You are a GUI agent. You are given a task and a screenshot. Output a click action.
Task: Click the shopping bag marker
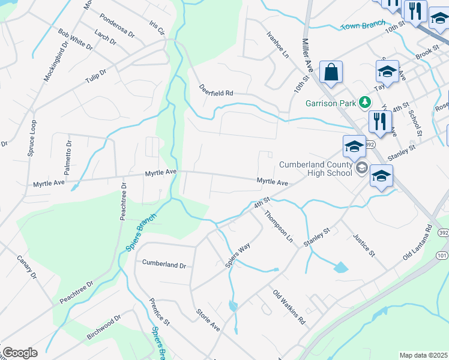click(x=331, y=73)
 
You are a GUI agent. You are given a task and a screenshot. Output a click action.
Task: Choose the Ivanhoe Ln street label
click(x=278, y=44)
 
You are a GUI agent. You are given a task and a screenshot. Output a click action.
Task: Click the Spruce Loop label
click(x=32, y=138)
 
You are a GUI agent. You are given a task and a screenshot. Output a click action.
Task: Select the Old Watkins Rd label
click(x=289, y=307)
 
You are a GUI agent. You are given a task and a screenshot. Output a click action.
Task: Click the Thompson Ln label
click(x=279, y=227)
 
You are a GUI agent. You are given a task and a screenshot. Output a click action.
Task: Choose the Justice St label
click(x=364, y=245)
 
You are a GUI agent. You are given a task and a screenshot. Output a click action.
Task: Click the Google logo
click(x=20, y=353)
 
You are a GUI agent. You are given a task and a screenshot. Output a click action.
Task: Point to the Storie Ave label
click(x=208, y=319)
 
